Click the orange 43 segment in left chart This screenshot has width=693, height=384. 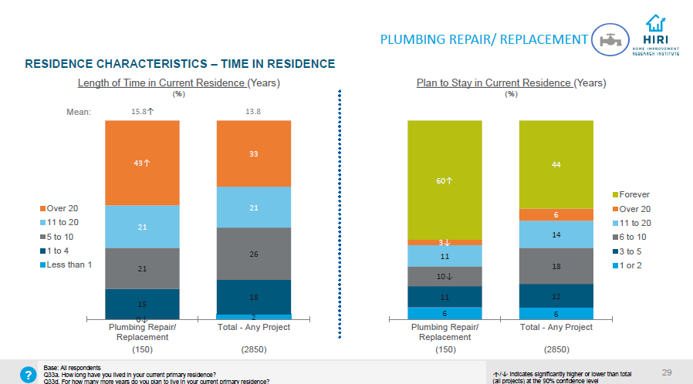[142, 163]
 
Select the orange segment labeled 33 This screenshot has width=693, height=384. [253, 153]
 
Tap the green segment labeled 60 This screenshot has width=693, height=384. [445, 180]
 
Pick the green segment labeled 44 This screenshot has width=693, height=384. [556, 164]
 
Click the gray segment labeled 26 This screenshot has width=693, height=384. [253, 254]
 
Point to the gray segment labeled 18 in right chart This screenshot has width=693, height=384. [556, 266]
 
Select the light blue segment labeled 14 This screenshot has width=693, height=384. [556, 234]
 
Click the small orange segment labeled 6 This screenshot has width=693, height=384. [556, 215]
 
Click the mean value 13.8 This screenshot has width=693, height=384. [253, 112]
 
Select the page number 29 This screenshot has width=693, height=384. [667, 373]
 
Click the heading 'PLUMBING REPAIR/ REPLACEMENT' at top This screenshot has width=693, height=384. [485, 39]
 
